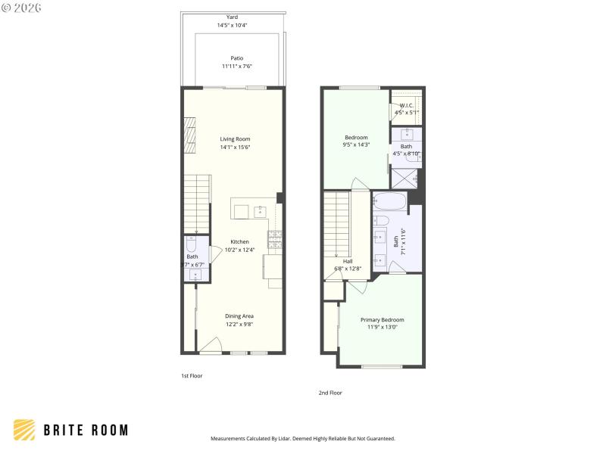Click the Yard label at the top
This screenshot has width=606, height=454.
point(232,17)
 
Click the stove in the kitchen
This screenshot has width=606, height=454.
point(275,239)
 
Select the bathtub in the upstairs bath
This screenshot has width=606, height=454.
point(389,201)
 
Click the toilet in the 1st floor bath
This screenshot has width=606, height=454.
point(192,246)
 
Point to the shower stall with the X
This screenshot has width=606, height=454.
point(406,178)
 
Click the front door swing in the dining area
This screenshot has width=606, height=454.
point(210,345)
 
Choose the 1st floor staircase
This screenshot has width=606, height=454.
point(196,203)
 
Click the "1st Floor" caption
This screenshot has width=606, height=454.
point(191,376)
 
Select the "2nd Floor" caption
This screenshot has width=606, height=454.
point(330,393)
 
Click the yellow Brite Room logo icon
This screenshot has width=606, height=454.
point(25,430)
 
